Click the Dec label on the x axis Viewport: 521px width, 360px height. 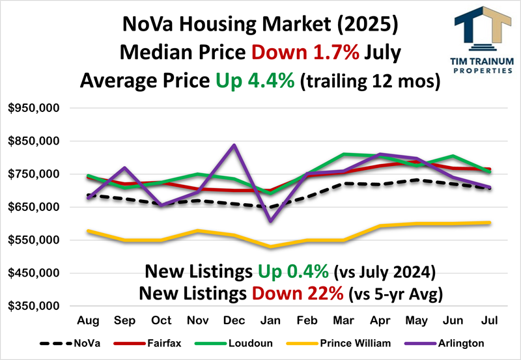click(234, 321)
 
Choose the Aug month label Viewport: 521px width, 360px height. click(88, 321)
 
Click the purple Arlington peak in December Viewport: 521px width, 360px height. click(234, 145)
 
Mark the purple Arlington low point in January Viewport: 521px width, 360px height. click(270, 221)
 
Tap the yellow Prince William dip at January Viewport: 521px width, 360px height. click(270, 247)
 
